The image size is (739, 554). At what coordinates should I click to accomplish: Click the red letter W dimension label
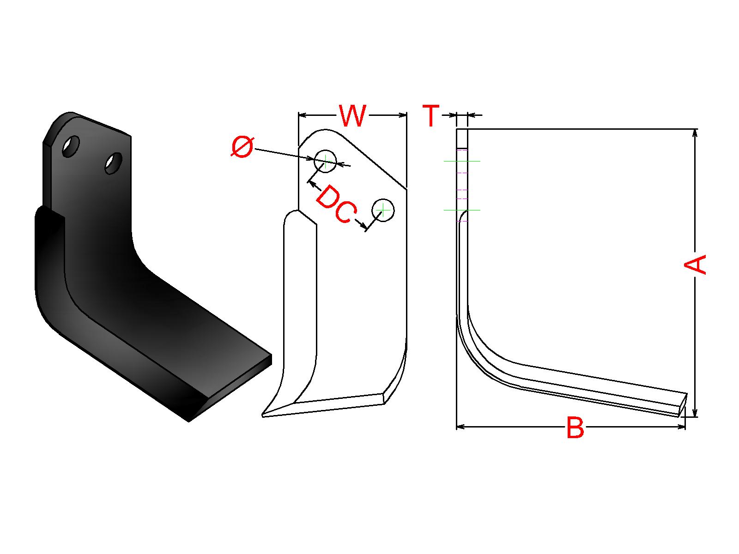352,116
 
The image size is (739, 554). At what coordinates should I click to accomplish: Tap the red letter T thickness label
431,115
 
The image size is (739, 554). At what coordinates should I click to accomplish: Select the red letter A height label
695,264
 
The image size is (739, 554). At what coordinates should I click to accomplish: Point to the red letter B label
575,427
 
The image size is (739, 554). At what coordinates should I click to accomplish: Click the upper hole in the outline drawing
325,161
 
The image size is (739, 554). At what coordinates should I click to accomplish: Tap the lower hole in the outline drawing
383,210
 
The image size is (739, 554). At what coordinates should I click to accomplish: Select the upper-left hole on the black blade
71,146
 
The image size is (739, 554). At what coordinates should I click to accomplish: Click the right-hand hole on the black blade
114,163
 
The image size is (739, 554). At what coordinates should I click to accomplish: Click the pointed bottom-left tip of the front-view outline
263,416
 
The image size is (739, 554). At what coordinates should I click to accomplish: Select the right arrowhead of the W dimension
403,115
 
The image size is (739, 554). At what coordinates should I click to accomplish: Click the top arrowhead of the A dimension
695,133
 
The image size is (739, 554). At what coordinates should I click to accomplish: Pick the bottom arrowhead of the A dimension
695,413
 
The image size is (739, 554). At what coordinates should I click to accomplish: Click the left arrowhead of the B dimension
460,427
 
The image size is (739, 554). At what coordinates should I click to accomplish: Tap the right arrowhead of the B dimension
681,427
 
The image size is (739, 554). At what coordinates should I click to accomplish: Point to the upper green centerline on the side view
462,162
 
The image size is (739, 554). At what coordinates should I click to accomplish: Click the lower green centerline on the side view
462,210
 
